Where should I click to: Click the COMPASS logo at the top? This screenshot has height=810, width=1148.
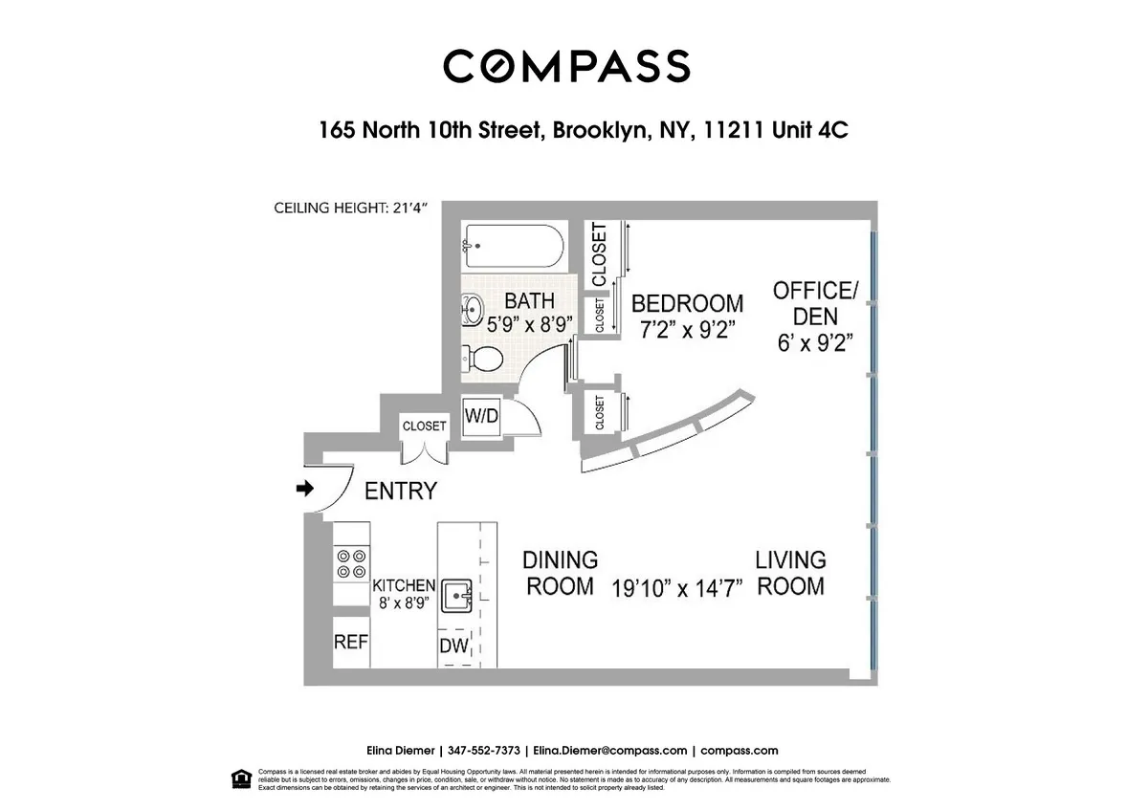(566, 66)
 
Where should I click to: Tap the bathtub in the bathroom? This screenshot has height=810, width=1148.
(512, 248)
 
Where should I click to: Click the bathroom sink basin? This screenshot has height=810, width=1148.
(473, 309)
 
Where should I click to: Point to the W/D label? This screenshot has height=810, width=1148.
(480, 416)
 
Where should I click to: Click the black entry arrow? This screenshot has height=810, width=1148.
(306, 489)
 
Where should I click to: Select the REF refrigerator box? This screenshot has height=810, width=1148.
(350, 642)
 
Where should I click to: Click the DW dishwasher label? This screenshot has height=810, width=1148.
(454, 646)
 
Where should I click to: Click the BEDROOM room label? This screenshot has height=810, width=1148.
(687, 303)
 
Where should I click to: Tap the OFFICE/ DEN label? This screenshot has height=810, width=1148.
(814, 302)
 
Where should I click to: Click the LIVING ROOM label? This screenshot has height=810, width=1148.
(790, 572)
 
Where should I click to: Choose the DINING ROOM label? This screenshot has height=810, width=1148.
(561, 572)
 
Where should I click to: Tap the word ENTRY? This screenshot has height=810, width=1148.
(401, 492)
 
